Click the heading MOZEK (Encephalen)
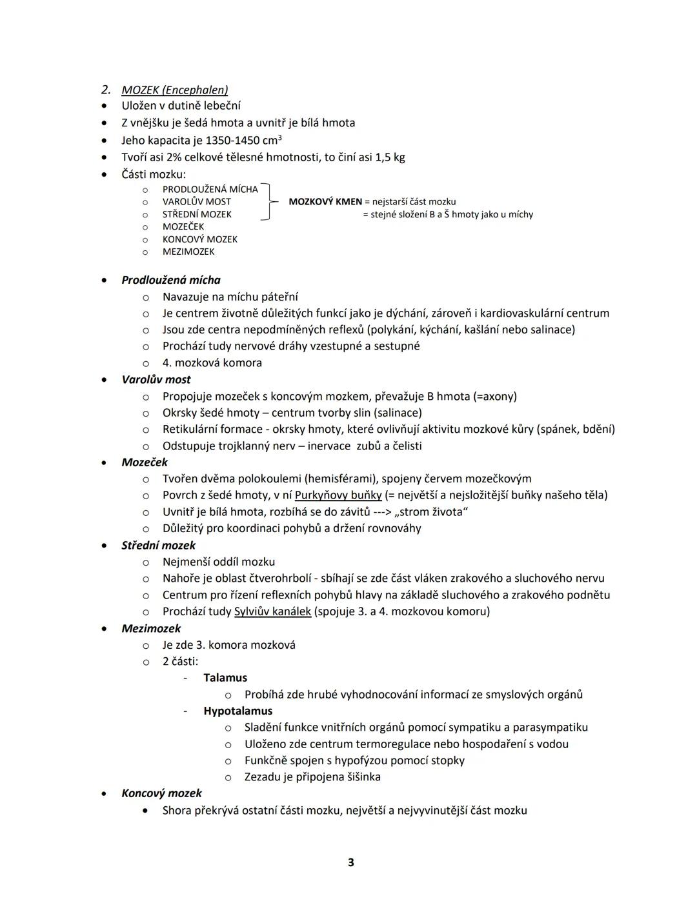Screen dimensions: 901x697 [x=174, y=90]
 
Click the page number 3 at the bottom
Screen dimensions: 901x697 [x=350, y=862]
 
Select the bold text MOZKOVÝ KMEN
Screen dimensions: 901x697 [x=325, y=202]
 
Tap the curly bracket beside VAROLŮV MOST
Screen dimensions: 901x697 [x=265, y=202]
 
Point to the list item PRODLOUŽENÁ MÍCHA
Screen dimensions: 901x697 [x=210, y=189]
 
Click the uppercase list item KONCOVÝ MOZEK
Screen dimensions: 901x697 [x=199, y=239]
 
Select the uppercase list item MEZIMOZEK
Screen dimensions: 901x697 [x=188, y=252]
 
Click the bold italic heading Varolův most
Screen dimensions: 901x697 [x=156, y=380]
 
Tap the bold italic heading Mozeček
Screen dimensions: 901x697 [x=145, y=462]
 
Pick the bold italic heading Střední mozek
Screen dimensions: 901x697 [x=158, y=546]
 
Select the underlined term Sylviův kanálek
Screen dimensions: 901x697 [x=272, y=611]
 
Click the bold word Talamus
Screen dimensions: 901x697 [x=225, y=678]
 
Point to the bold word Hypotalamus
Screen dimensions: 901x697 [x=237, y=711]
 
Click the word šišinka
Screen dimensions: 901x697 [x=359, y=777]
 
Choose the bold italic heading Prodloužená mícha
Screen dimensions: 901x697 [x=171, y=280]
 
